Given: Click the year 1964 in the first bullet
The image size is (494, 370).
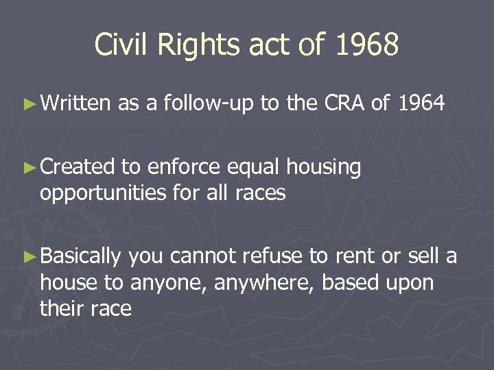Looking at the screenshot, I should pyautogui.click(x=420, y=103).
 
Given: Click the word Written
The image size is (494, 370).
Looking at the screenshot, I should pyautogui.click(x=75, y=103).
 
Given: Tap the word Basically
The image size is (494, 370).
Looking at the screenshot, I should pyautogui.click(x=81, y=257).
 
